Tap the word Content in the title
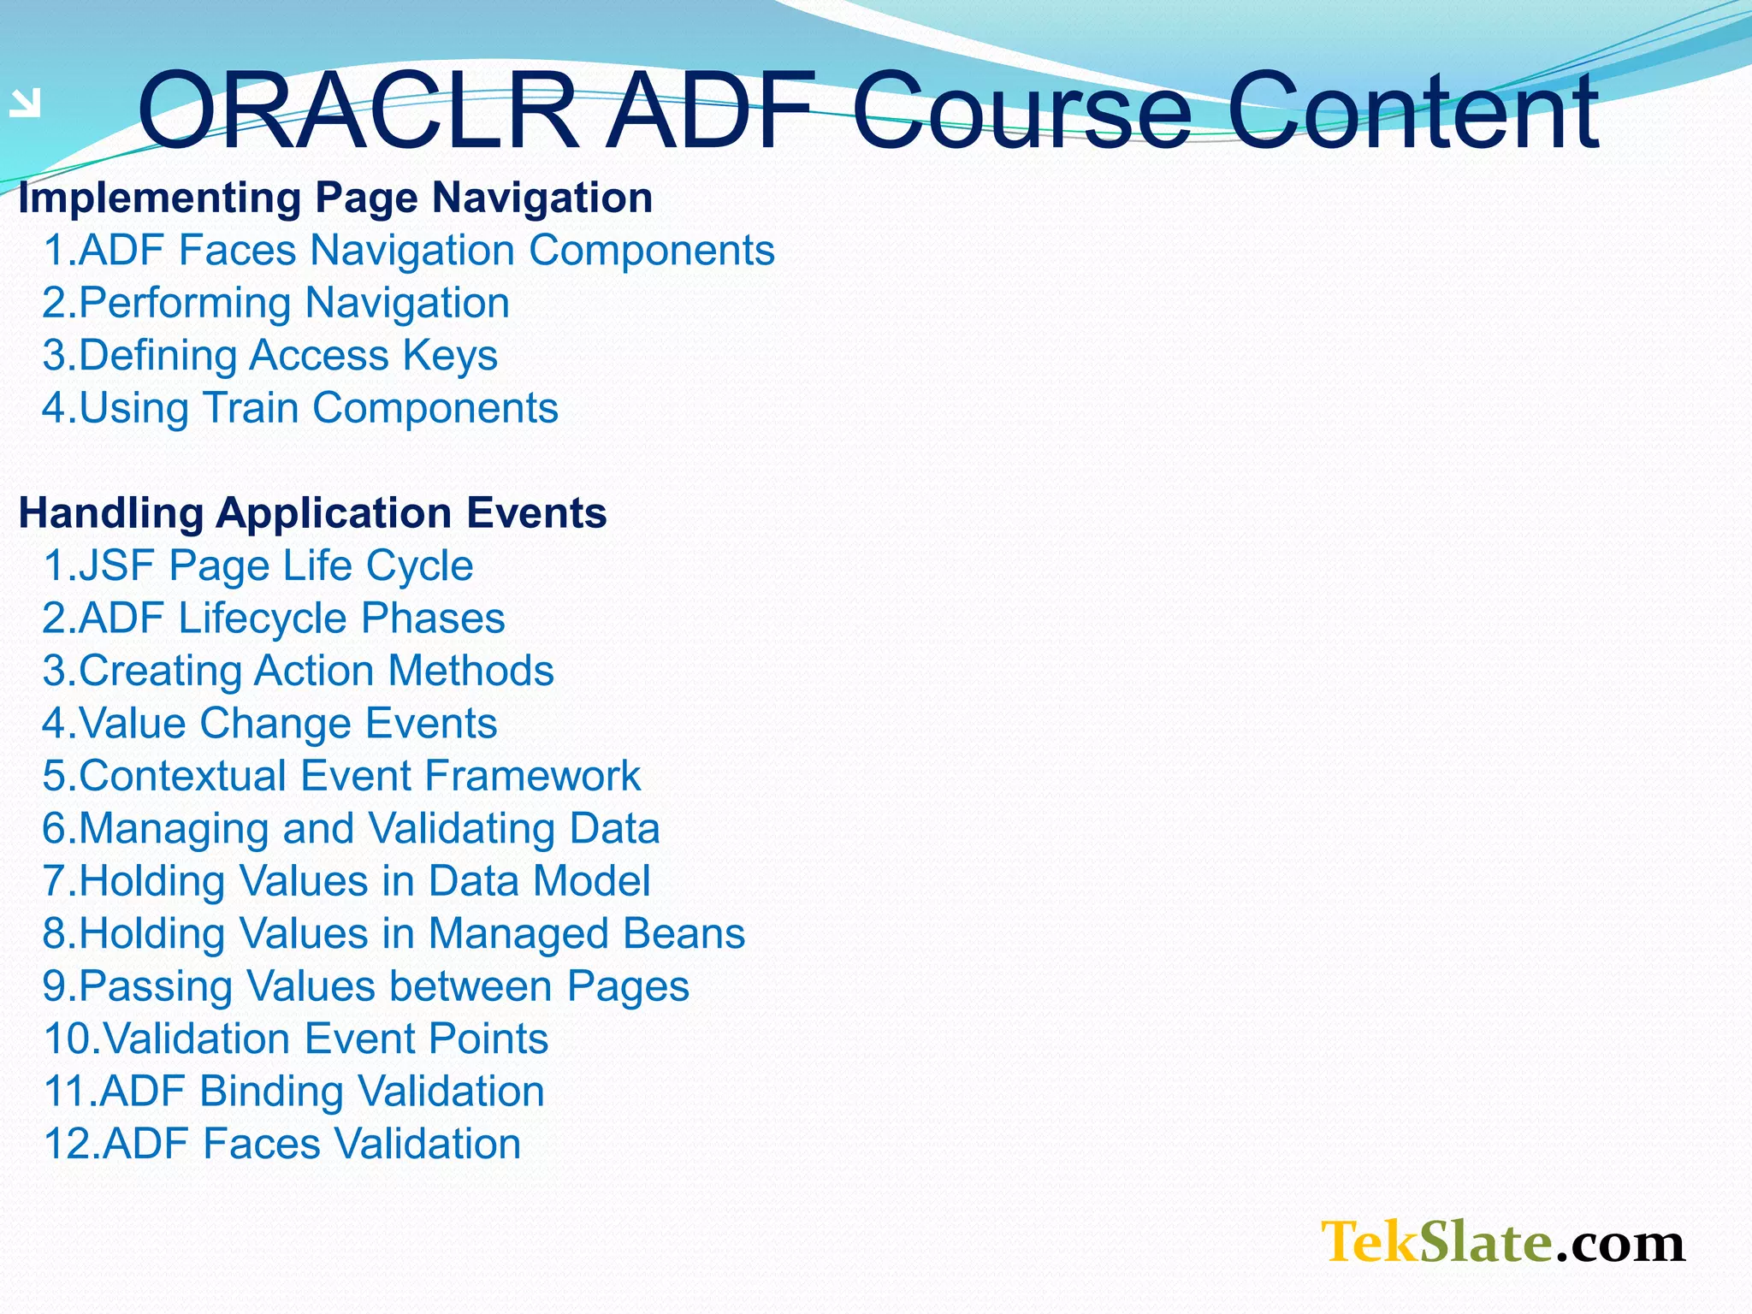(1412, 111)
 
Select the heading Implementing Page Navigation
(335, 198)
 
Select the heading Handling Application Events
(312, 513)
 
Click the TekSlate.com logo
(1502, 1242)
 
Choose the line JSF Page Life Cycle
(258, 565)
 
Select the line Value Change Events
(269, 724)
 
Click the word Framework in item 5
(532, 776)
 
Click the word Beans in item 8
(684, 933)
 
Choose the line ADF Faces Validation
(282, 1144)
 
